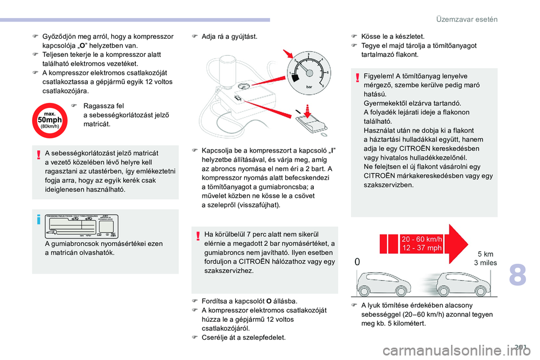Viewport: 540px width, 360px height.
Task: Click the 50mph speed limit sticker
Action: click(x=50, y=120)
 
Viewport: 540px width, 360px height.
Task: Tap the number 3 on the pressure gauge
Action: click(x=308, y=55)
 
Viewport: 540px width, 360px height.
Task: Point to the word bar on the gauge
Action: click(x=309, y=88)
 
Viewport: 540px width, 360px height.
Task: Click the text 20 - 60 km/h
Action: click(x=422, y=238)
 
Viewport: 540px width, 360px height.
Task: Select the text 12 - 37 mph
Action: click(x=422, y=247)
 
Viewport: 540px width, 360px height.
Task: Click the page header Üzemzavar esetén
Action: click(x=467, y=19)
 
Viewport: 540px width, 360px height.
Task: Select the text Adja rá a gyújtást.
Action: click(x=229, y=37)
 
